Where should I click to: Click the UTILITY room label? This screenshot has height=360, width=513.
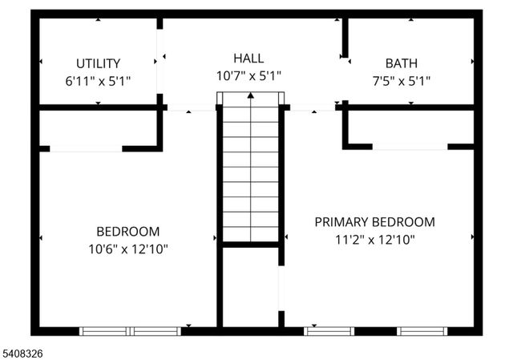(x=99, y=63)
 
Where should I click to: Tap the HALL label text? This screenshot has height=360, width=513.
(x=248, y=58)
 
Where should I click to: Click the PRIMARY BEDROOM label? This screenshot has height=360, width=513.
(x=374, y=222)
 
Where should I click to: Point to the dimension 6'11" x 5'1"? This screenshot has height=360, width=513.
(x=98, y=81)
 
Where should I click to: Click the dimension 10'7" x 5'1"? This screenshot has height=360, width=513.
(x=248, y=76)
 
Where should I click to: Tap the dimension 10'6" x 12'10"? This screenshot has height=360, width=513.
(x=128, y=249)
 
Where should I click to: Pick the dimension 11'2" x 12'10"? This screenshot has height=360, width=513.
(x=374, y=239)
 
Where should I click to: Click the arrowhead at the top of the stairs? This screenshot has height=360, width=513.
(x=251, y=95)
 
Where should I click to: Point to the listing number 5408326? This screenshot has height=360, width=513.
(x=24, y=351)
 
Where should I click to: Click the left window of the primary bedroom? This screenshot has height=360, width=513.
(x=329, y=330)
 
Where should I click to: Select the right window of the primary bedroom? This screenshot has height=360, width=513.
(x=422, y=330)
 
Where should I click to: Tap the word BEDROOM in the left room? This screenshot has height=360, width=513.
(x=128, y=231)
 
